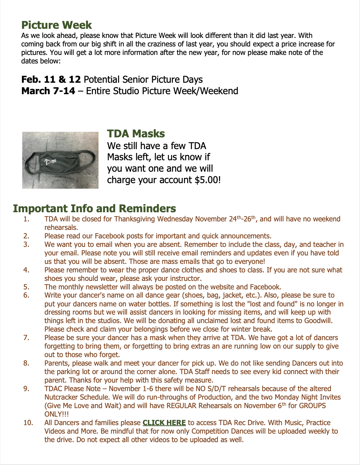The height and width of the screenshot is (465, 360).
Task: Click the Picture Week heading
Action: [x=56, y=25]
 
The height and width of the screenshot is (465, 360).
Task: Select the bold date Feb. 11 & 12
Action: [x=51, y=79]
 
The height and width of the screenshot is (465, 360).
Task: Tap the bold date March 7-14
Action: [x=48, y=91]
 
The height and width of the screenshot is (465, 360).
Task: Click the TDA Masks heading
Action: [x=136, y=134]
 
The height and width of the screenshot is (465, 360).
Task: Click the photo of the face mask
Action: [x=60, y=160]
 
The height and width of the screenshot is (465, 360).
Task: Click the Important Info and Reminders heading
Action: [x=94, y=208]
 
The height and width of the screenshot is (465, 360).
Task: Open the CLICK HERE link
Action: [x=164, y=423]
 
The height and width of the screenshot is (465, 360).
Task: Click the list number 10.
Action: [x=28, y=423]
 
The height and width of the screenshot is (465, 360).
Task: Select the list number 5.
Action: [x=27, y=287]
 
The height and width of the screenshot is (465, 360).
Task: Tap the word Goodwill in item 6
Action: [x=318, y=321]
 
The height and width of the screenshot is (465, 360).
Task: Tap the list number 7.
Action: [x=27, y=338]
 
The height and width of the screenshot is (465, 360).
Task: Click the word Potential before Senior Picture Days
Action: [x=102, y=79]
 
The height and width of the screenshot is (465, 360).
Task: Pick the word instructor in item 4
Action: [x=186, y=279]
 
